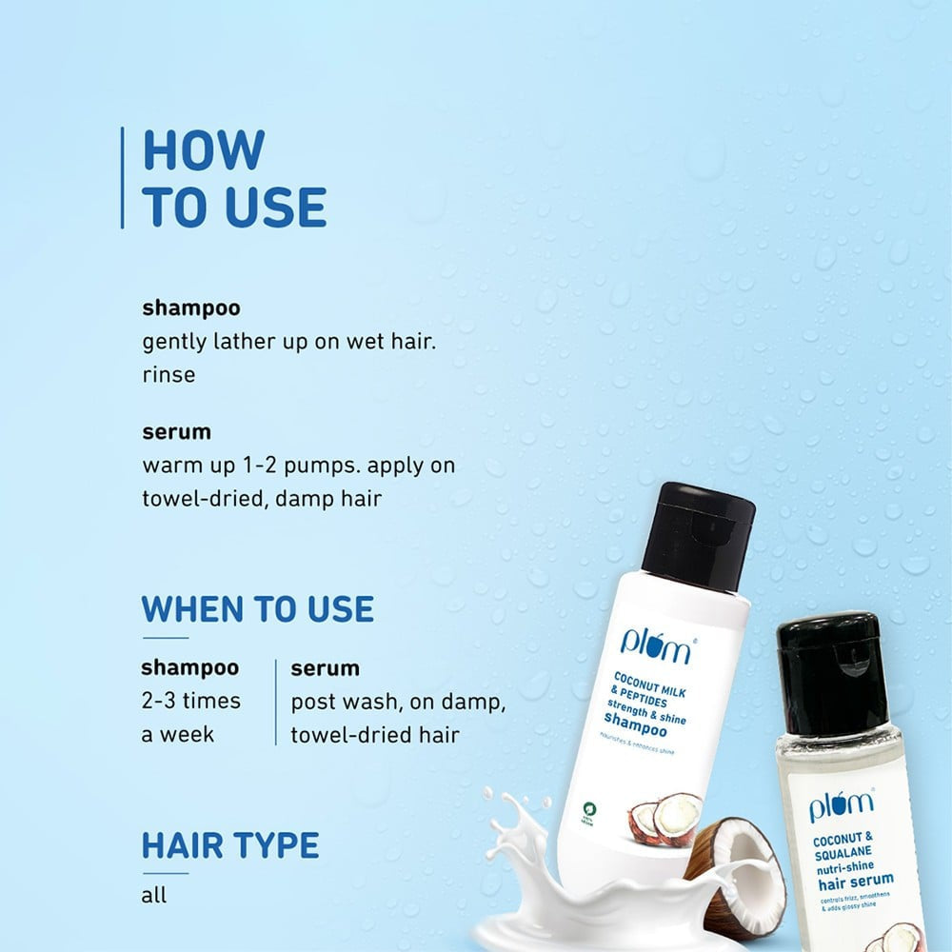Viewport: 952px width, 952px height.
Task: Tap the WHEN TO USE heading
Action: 257,609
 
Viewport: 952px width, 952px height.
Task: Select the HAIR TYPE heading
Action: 230,844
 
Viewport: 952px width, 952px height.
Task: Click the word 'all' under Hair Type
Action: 153,895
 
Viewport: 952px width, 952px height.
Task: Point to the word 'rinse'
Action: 169,374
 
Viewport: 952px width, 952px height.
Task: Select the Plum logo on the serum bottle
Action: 841,806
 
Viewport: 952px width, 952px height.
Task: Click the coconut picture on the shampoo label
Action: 665,817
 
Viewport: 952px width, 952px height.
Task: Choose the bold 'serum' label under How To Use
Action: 176,431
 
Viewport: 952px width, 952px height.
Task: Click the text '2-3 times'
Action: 190,701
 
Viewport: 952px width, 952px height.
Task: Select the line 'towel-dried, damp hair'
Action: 262,498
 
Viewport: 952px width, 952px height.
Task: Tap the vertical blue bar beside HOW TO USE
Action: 123,178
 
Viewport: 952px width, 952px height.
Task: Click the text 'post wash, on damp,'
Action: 398,702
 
